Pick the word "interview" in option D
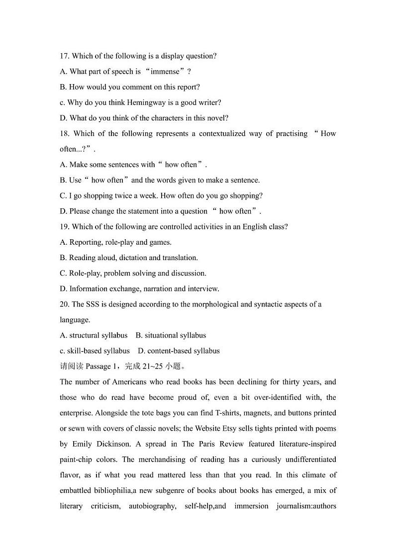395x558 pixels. (x=203, y=289)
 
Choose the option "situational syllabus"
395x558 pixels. (x=175, y=335)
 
